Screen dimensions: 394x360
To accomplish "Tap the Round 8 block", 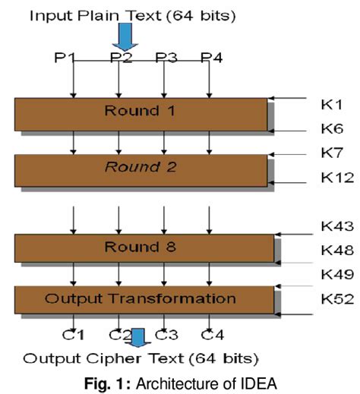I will click(x=144, y=248).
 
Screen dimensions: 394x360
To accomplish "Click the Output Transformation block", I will click(x=144, y=298).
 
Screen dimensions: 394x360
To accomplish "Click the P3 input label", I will click(x=166, y=57).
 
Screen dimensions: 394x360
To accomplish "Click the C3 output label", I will click(x=166, y=333).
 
